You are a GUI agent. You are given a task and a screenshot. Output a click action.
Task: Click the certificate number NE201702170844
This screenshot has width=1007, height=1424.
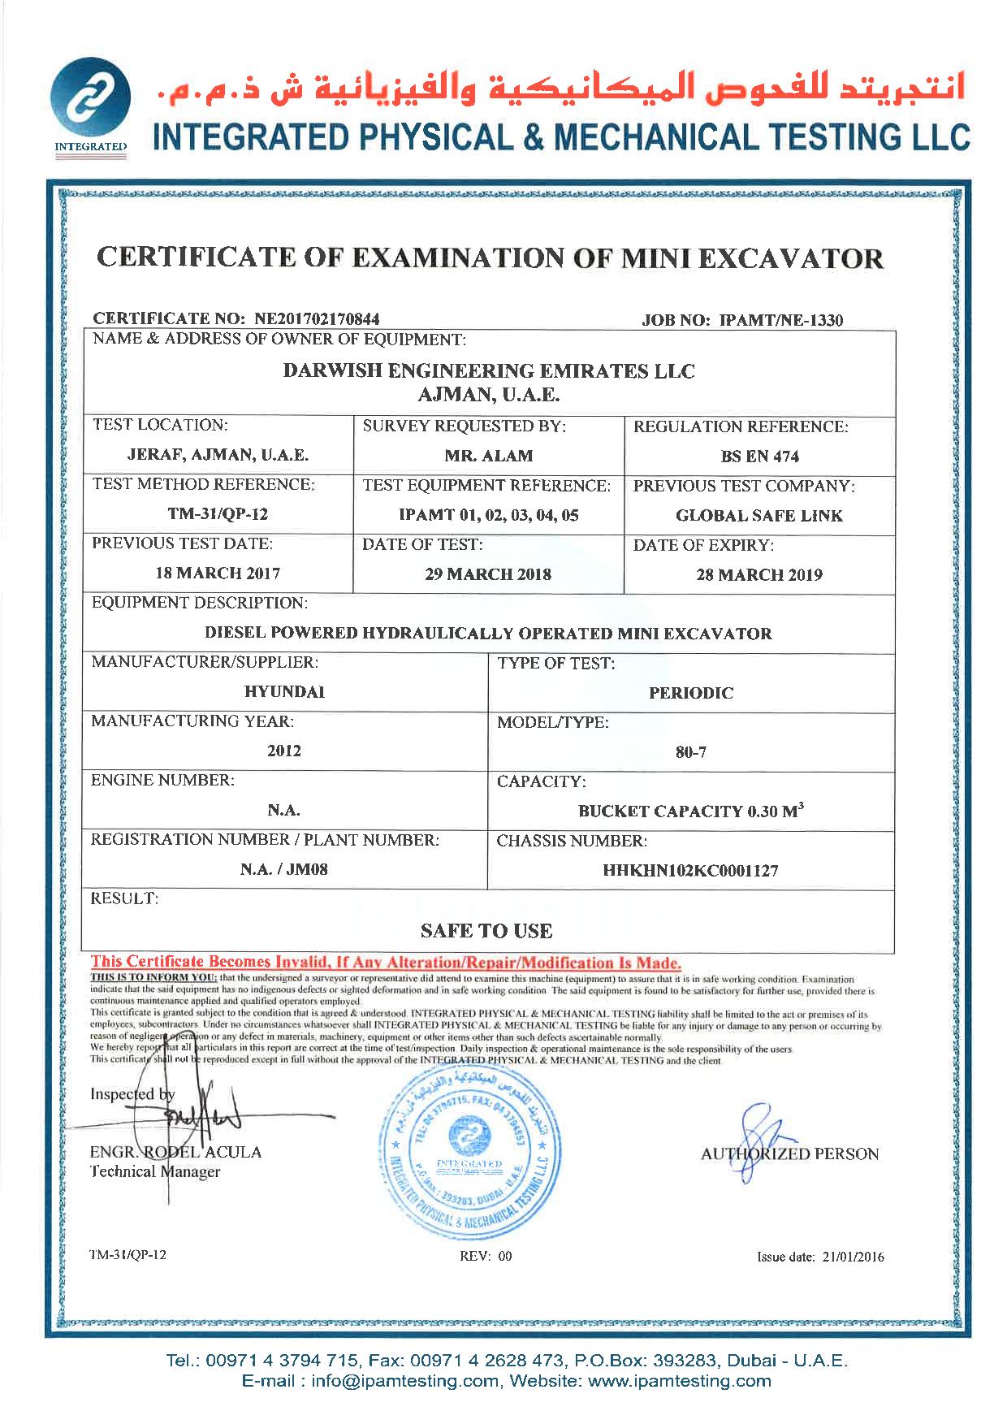click(318, 318)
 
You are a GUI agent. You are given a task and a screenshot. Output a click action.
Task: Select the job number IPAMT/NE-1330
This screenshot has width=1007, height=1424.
click(781, 320)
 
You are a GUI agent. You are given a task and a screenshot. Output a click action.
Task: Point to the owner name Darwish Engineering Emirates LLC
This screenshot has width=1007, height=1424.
click(489, 371)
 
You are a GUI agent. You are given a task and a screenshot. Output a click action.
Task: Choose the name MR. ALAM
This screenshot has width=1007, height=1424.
click(488, 456)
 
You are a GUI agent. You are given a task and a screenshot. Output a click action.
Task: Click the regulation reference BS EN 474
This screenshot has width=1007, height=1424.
click(759, 457)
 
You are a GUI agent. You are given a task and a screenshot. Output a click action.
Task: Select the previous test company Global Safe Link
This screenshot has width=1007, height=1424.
click(759, 516)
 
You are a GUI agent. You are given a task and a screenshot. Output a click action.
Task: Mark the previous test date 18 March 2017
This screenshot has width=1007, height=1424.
click(218, 573)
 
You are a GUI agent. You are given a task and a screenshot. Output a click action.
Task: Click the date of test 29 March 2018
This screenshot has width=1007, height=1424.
click(488, 574)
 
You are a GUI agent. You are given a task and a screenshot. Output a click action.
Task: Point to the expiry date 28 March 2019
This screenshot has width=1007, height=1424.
click(759, 575)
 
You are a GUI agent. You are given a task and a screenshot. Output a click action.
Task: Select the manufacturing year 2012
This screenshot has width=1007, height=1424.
click(284, 751)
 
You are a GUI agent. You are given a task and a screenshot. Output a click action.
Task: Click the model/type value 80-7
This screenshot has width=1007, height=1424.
click(690, 752)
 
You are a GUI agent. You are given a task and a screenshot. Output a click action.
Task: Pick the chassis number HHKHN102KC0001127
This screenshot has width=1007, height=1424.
click(690, 871)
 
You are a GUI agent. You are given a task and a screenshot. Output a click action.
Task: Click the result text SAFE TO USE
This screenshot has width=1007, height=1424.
click(486, 931)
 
